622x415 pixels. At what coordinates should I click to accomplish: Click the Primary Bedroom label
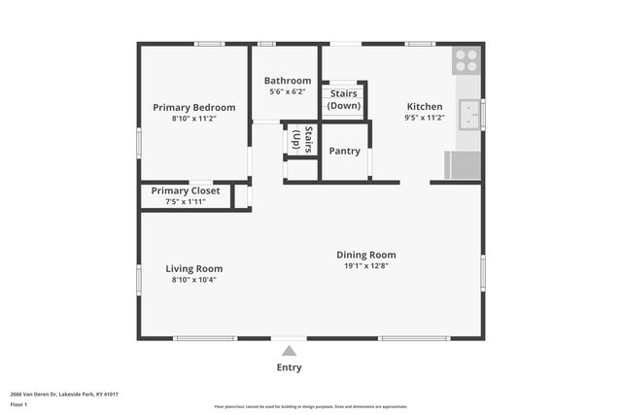click(x=193, y=107)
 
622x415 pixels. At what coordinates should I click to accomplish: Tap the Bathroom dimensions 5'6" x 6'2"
click(x=287, y=91)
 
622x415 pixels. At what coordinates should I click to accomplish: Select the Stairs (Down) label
click(x=343, y=99)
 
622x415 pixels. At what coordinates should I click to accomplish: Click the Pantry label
click(x=344, y=151)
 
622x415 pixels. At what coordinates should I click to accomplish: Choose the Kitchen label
click(x=424, y=107)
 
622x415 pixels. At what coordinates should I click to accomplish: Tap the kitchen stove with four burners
click(x=466, y=60)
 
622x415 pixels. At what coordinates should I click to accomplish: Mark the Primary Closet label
click(x=191, y=190)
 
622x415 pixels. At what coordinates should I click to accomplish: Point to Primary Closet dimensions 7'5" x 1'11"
click(x=191, y=202)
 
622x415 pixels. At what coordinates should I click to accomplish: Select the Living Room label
click(x=193, y=268)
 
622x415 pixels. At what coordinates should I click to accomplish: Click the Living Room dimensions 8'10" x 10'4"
click(x=193, y=280)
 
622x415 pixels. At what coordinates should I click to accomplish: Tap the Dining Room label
click(x=366, y=255)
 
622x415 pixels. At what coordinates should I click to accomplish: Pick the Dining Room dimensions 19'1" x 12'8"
click(x=366, y=266)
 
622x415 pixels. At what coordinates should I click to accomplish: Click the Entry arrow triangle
click(x=289, y=351)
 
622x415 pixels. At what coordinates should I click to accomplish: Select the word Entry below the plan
click(x=289, y=367)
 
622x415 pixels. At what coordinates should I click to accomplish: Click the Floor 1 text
click(x=17, y=403)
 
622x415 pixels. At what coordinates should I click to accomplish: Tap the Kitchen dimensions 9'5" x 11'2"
click(x=424, y=118)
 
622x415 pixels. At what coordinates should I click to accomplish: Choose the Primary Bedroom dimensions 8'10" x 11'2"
click(x=193, y=118)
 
